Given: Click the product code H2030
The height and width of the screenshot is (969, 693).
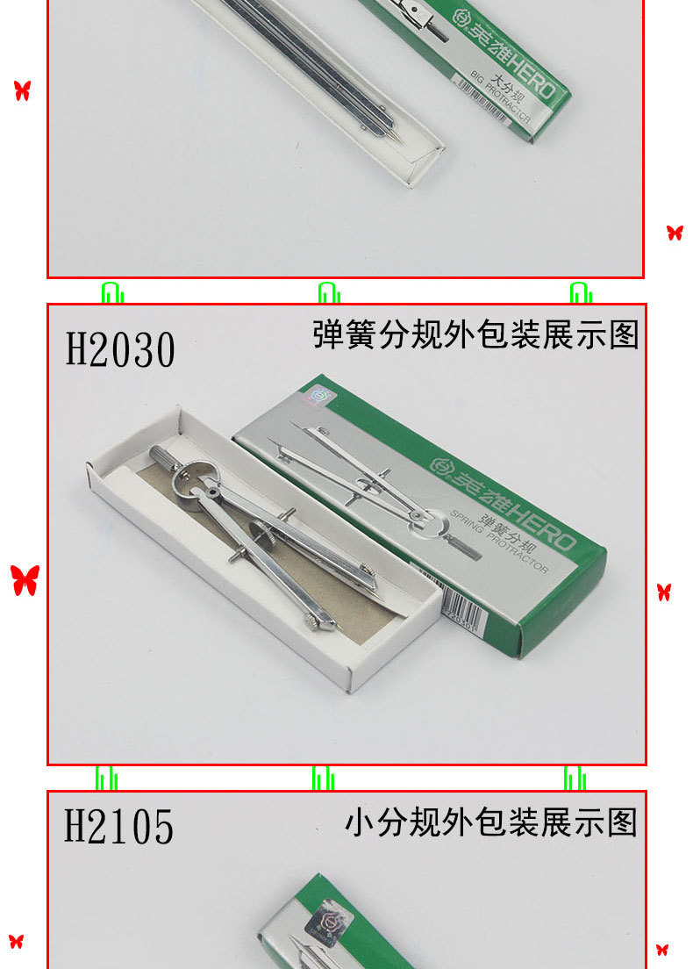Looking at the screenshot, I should pos(121,349).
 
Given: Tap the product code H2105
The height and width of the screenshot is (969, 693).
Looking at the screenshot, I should pos(119,827).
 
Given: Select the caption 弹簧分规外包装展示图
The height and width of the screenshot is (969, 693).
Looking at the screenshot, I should pos(475,334).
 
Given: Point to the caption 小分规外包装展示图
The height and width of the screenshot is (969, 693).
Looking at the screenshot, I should pos(490,822).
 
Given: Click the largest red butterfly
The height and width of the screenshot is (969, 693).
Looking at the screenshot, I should pos(25,580).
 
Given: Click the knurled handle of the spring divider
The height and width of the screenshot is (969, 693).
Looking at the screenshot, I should pos(164,458).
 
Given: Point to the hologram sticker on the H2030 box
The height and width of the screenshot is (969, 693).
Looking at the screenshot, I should pos(318,396).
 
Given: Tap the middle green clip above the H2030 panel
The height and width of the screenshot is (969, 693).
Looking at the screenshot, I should pos(329,291).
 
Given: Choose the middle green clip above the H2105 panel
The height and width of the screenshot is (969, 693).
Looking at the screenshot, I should pos(323,778).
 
